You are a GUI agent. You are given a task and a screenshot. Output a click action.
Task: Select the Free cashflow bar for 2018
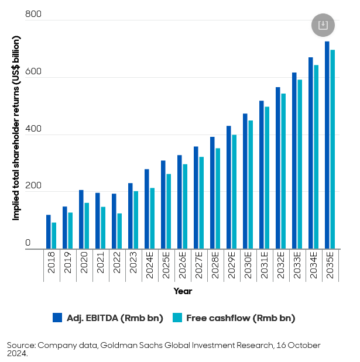click(x=54, y=236)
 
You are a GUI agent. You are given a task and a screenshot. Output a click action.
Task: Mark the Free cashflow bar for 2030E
click(x=251, y=185)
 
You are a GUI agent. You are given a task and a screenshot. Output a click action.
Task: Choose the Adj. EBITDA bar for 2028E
click(x=212, y=193)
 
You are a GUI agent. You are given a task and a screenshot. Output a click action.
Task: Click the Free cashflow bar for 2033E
click(x=300, y=164)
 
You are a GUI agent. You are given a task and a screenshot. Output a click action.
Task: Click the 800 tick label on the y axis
click(x=33, y=14)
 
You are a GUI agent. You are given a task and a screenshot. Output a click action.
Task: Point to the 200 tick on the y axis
click(x=33, y=185)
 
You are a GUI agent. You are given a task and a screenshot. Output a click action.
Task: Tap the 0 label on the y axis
click(x=28, y=243)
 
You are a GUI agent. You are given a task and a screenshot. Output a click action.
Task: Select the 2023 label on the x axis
click(x=133, y=265)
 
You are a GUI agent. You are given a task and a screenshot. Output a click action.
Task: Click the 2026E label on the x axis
click(x=183, y=267)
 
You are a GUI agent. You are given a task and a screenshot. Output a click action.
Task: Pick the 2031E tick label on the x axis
click(x=265, y=267)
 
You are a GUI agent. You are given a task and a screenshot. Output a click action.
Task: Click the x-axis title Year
click(x=183, y=291)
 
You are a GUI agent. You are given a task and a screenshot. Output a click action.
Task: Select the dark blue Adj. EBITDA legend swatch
click(x=57, y=318)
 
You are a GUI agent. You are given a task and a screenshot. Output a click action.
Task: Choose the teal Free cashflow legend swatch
click(x=177, y=318)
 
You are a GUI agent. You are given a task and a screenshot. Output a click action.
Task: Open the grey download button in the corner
click(x=323, y=25)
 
